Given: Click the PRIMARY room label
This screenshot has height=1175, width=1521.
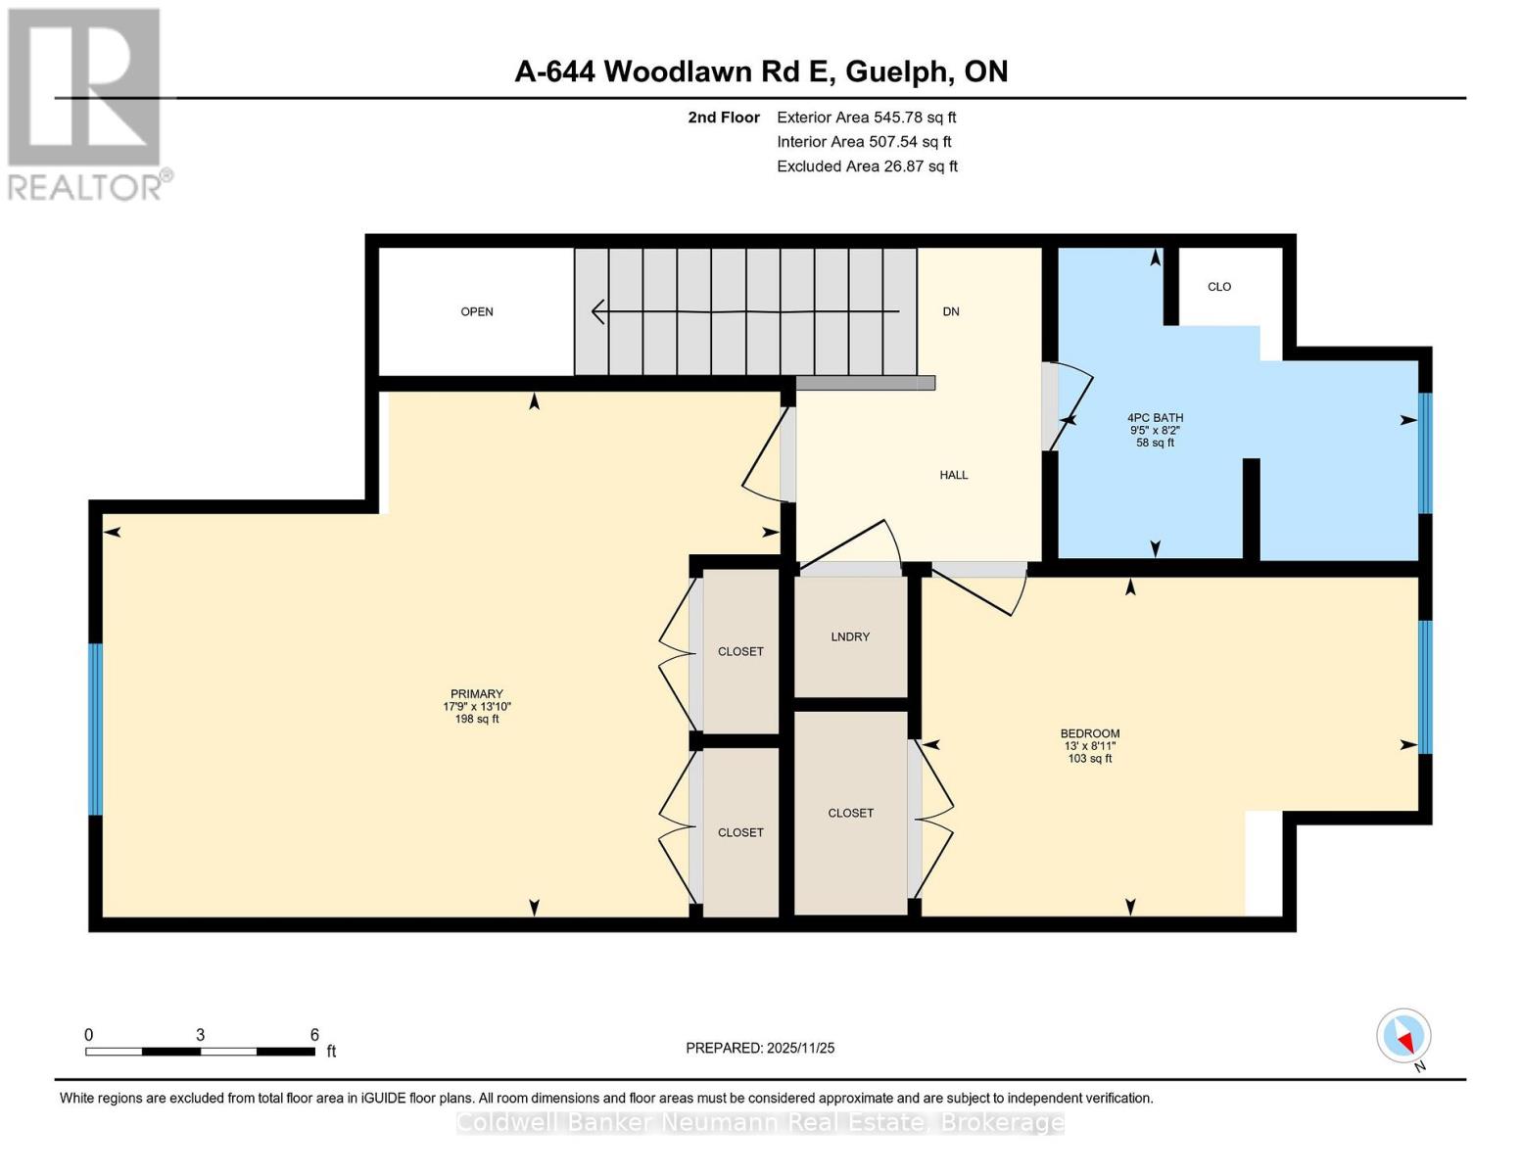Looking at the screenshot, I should click(x=477, y=694).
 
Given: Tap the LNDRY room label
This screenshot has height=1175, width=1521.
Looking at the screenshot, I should click(x=850, y=636).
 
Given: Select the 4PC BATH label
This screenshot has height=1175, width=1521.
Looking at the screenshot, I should click(x=1155, y=418).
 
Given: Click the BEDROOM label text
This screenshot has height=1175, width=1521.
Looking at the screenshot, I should click(x=1089, y=733).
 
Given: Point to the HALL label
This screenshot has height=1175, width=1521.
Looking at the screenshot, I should click(x=953, y=475).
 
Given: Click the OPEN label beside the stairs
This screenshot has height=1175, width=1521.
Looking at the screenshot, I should click(x=477, y=311).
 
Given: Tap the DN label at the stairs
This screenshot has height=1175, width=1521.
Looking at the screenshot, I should click(x=950, y=311).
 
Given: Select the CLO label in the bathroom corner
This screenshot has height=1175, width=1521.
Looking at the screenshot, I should click(x=1218, y=287).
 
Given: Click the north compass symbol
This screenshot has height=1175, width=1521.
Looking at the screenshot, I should click(x=1404, y=1036).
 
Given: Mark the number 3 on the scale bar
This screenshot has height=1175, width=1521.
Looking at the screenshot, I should click(x=200, y=1035).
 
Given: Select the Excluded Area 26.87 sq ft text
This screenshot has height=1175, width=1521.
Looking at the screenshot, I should click(x=867, y=166).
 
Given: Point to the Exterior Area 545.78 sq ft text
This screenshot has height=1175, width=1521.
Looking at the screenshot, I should click(x=866, y=117).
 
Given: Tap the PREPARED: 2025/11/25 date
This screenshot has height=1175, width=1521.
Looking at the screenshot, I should click(x=760, y=1048).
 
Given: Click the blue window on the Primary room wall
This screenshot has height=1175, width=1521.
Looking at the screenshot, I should click(x=95, y=728).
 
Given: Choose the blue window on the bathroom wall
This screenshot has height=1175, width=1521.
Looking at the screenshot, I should click(x=1425, y=452).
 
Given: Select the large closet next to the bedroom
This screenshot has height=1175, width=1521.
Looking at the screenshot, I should click(x=850, y=813).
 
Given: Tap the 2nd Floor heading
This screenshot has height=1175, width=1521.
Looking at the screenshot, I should click(x=724, y=117).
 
